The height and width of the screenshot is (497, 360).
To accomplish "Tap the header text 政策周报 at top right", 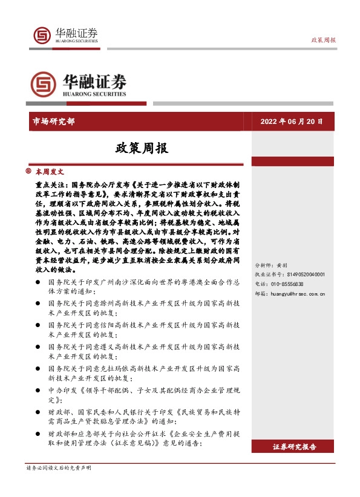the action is point(324,40).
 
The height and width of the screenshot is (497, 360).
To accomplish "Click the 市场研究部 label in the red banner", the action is point(53,121).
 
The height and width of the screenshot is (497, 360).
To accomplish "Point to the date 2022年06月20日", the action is point(292,121).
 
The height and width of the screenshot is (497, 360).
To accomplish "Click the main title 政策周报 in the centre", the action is point(142,148).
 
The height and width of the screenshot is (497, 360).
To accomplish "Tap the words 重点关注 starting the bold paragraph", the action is point(51,182).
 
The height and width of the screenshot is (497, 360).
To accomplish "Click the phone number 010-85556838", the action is point(288,266).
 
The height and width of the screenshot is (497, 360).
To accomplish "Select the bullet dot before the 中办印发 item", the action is point(38,390).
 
